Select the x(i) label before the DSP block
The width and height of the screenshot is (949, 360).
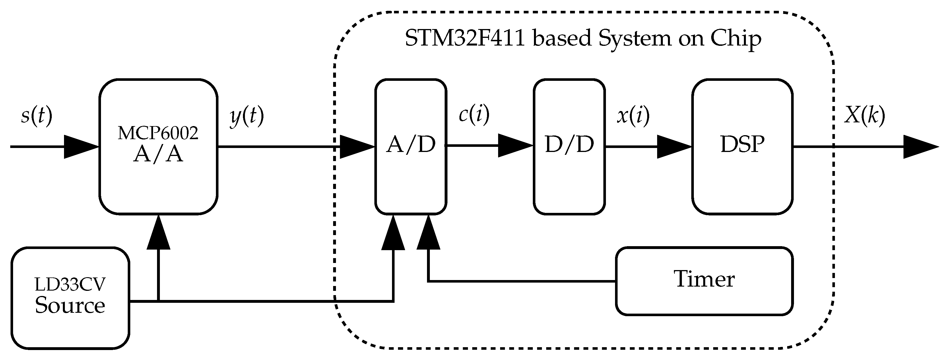(x=633, y=116)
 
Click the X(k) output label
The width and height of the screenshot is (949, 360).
(x=864, y=116)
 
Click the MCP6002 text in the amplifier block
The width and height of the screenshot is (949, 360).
(x=158, y=133)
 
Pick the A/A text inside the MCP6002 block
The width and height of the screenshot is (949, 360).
(x=158, y=154)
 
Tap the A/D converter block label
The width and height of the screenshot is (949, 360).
(x=411, y=145)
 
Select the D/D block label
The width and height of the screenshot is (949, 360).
(x=569, y=145)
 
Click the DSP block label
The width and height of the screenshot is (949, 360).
(x=742, y=145)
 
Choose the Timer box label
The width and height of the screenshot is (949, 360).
(x=704, y=279)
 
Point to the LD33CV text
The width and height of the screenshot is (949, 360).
(x=70, y=285)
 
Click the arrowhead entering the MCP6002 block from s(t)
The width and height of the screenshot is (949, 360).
(x=80, y=147)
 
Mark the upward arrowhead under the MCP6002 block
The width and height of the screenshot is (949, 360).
(x=158, y=234)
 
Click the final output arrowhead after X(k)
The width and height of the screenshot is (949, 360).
(x=919, y=147)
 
